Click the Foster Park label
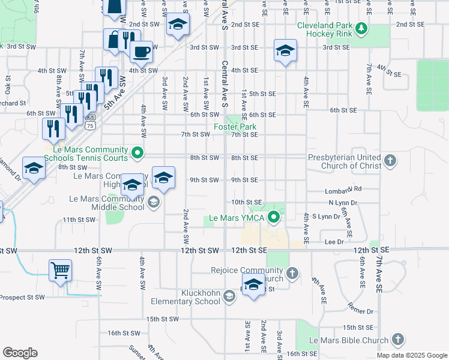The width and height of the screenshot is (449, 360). coord(235,127)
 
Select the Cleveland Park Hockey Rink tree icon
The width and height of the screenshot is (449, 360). coord(361,28)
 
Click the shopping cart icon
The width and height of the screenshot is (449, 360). coord(60,271)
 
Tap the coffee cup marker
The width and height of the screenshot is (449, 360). coord(141,52)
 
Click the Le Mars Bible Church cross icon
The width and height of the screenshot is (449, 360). coord(396,340)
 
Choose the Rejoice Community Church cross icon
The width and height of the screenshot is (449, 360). coord(292,274)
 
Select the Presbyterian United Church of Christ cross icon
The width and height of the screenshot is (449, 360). coord(390,161)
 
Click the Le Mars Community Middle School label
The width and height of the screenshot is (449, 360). coord(107,203)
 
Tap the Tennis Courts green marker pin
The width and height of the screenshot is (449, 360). coord(137,153)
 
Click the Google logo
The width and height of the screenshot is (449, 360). coord(20,353)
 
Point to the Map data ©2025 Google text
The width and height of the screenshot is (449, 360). coord(412,355)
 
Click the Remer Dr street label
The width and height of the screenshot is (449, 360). coord(361,311)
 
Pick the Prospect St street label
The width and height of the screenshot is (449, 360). coord(22,297)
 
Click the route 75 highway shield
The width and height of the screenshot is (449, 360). coord(90,125)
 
